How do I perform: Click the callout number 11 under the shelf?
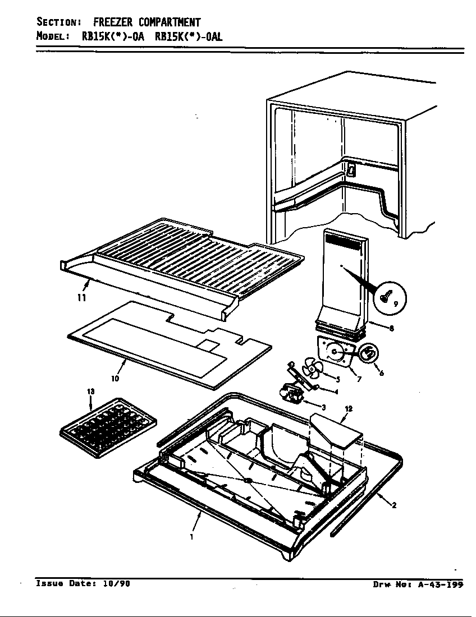coord(82,298)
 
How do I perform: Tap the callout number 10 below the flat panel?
coord(115,378)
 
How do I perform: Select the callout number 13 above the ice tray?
coord(91,392)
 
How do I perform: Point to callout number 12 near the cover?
coord(348,409)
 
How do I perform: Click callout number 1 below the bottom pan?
coord(191,537)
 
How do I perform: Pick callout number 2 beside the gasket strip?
coord(394,505)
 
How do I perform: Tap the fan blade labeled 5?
coord(310,370)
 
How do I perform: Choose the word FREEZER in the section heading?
coord(112,22)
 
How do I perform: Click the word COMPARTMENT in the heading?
coord(170,22)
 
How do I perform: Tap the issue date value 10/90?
coord(117,583)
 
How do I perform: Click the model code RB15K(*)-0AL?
coord(188,36)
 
